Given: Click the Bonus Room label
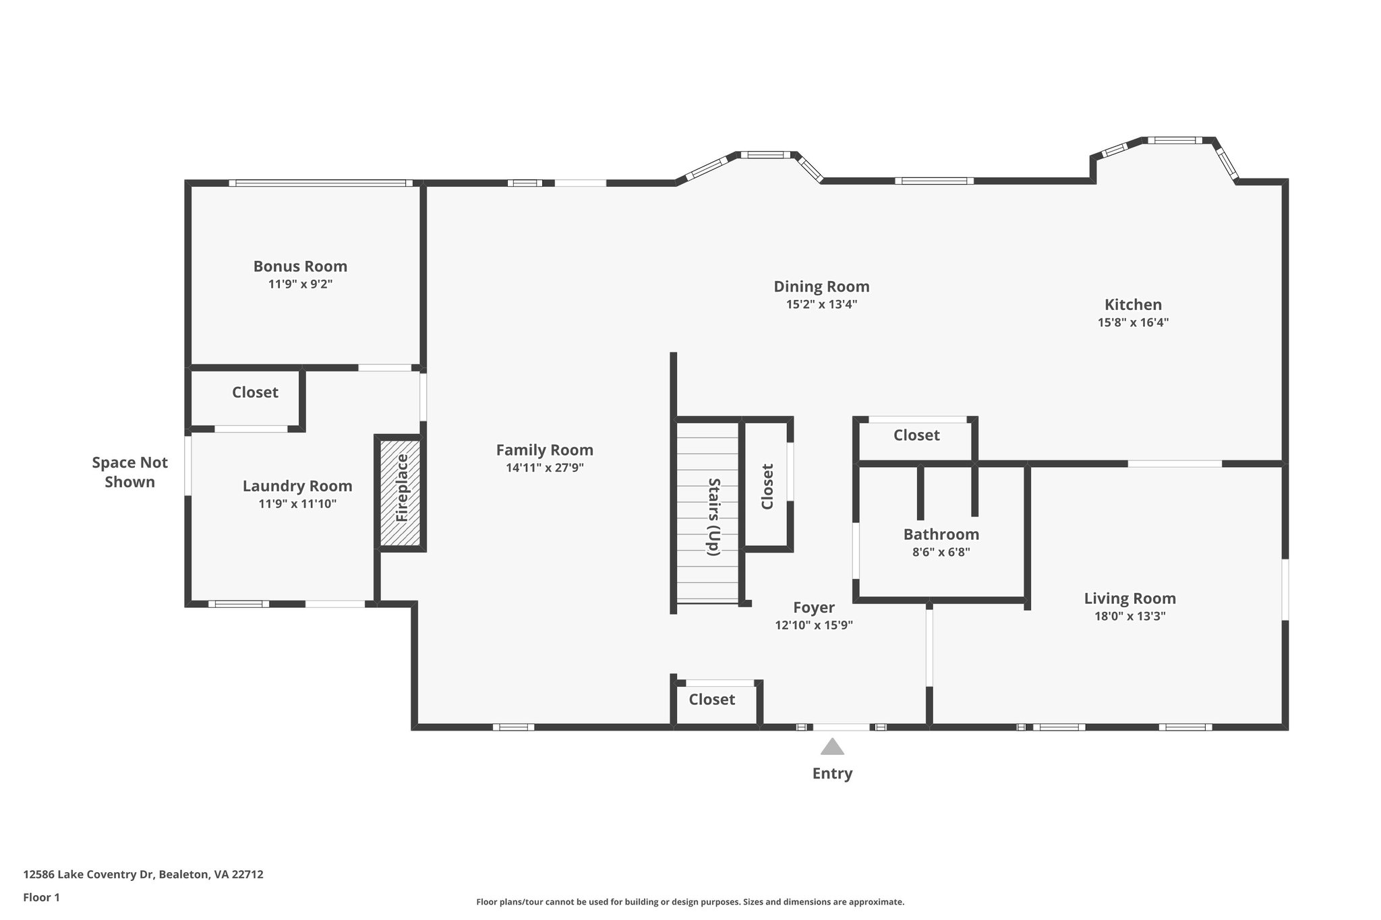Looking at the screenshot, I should pos(300,266).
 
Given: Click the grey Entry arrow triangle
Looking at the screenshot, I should pos(832,747).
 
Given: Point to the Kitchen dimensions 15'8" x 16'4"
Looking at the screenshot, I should pos(1133,323).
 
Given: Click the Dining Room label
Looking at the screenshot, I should pos(821,286).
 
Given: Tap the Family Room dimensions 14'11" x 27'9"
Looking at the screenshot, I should pos(545,468).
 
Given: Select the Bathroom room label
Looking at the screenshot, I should pos(941,534).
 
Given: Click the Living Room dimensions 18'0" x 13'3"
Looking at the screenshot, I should pos(1129,616).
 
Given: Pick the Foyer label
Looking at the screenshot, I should pos(814,607).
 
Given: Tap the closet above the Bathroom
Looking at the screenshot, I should pos(916,435).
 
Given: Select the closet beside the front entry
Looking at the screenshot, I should pos(711,700).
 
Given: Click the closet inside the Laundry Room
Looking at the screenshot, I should pos(255,392).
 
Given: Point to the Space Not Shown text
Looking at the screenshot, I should pos(129,472).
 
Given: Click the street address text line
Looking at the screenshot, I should pos(143,874).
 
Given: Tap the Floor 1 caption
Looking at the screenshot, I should pos(41,897).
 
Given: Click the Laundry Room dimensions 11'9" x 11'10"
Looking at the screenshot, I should pos(297,503).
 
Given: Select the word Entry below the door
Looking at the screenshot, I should pos(832,774).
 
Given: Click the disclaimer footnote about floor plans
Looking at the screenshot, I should pos(690,902).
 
